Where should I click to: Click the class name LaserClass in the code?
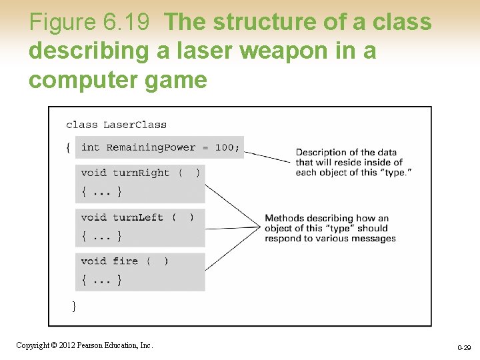click(135, 125)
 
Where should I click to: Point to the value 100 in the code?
click(224, 147)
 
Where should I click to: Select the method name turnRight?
click(141, 173)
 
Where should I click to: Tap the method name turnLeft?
click(137, 217)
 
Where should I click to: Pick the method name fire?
click(125, 261)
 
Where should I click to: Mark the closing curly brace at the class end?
click(74, 305)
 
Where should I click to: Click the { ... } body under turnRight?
click(101, 192)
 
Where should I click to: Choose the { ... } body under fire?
click(101, 281)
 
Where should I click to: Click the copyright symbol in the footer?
click(55, 345)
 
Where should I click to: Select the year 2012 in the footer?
click(67, 345)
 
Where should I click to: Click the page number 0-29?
click(464, 348)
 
